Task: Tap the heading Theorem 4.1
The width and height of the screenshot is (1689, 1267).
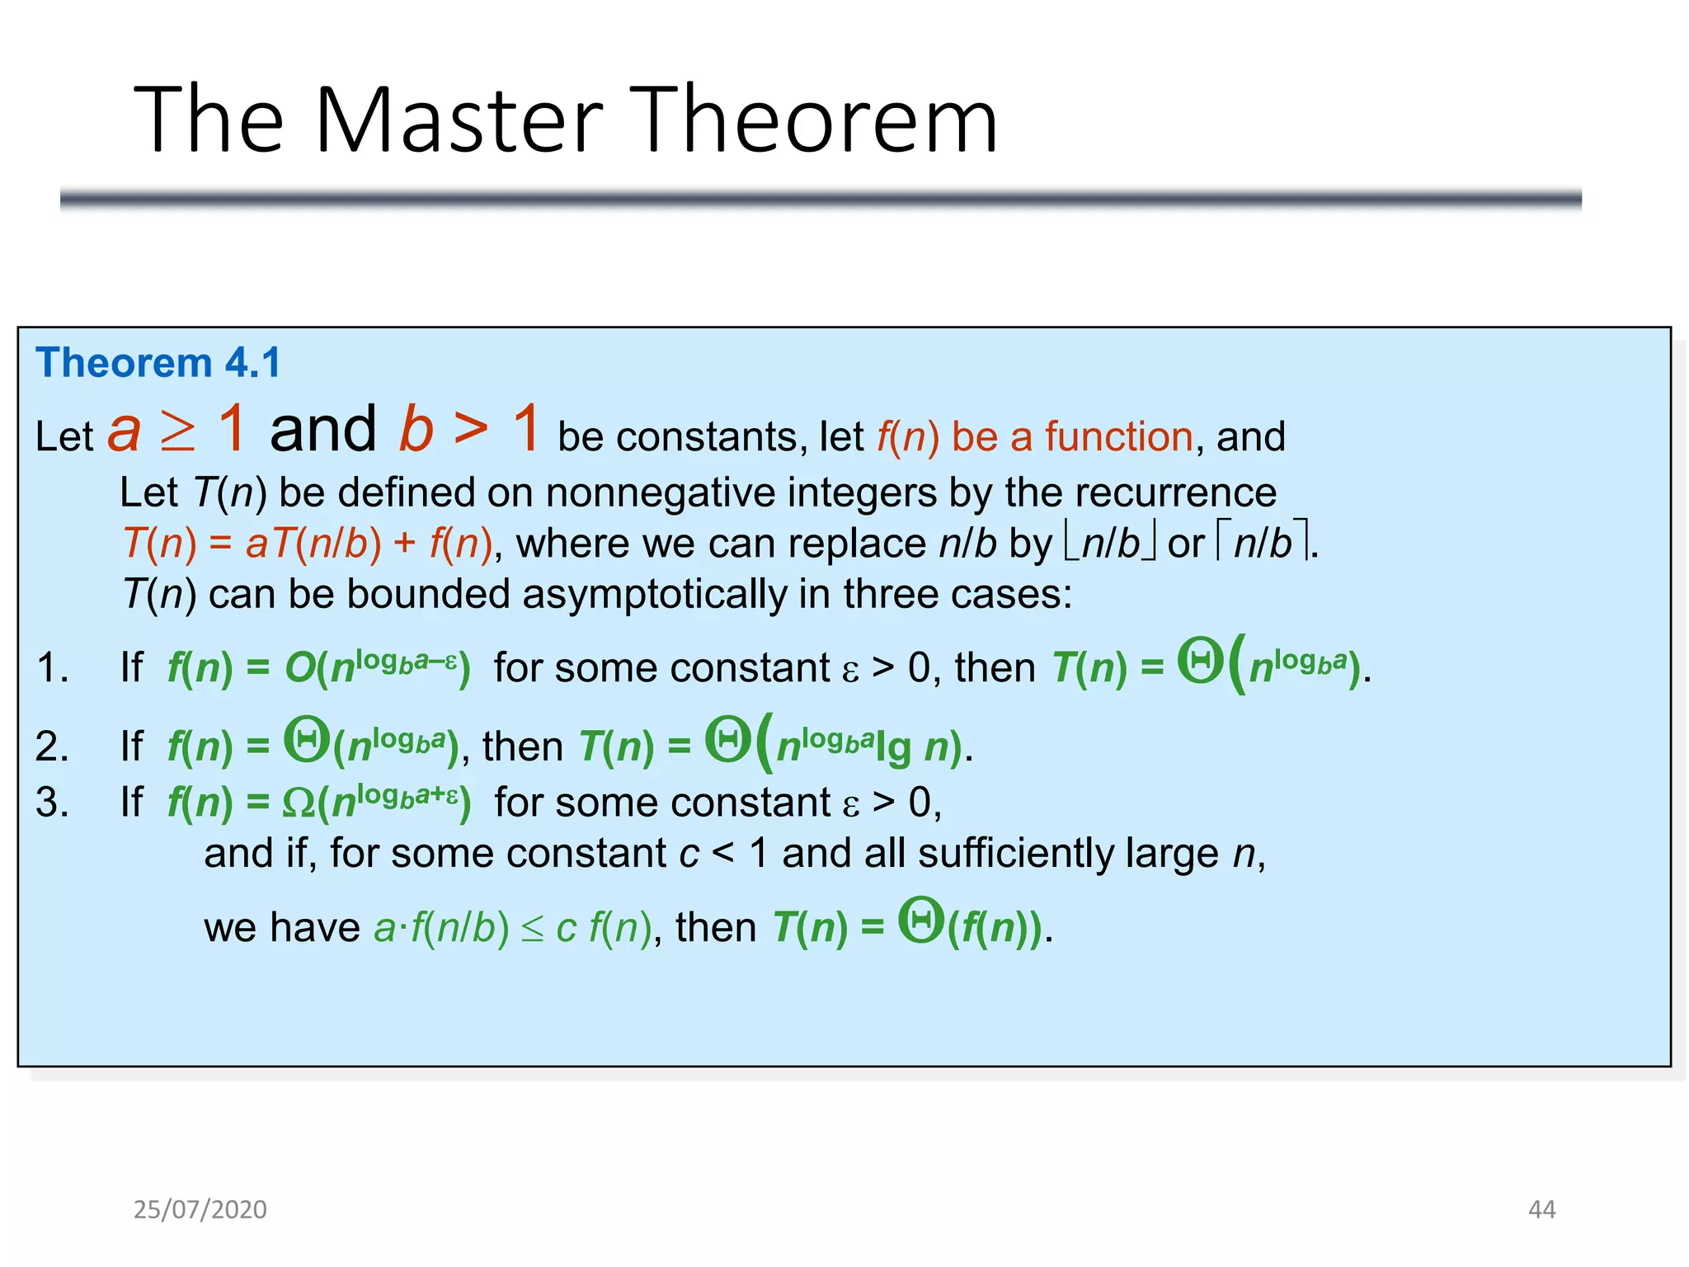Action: [158, 363]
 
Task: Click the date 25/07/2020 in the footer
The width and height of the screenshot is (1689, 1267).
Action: [200, 1209]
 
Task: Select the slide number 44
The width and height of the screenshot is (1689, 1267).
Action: [1541, 1209]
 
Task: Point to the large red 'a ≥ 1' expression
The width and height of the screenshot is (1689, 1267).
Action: [176, 430]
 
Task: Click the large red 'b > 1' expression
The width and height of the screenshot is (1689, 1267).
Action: [469, 430]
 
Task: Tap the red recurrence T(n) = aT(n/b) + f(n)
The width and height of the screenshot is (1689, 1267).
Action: [308, 544]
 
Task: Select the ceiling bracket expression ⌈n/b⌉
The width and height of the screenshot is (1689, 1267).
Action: [1262, 544]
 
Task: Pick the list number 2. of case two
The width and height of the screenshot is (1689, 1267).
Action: [52, 746]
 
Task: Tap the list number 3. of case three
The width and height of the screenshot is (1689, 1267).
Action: [52, 802]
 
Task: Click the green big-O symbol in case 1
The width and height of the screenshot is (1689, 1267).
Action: [299, 667]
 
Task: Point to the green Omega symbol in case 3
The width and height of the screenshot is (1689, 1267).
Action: [298, 803]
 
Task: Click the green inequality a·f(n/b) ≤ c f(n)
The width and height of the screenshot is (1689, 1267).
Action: [512, 928]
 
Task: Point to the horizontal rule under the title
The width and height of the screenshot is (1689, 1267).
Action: [821, 199]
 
